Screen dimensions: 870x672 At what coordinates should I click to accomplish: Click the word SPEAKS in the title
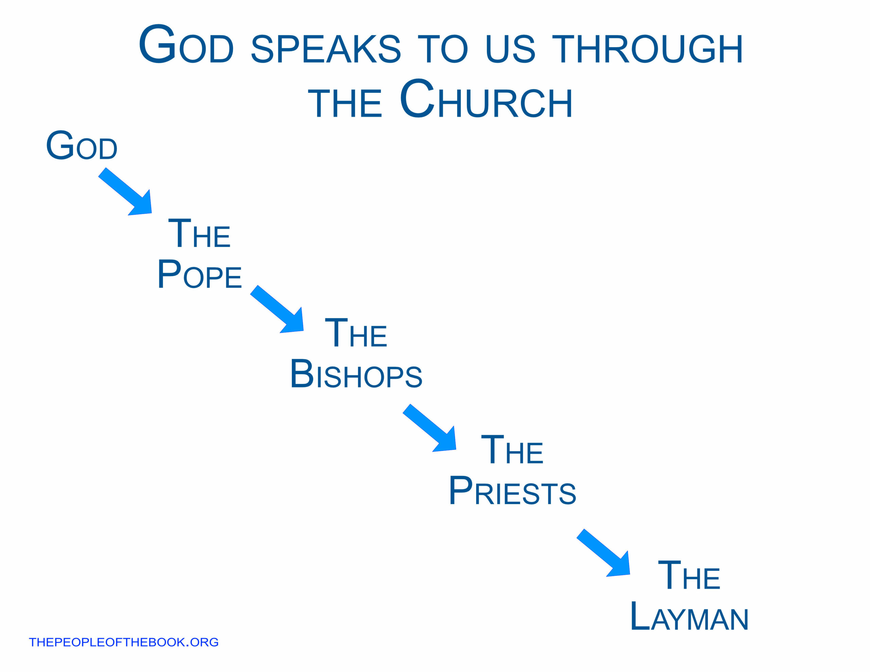pos(326,49)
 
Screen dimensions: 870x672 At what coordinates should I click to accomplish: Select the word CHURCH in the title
pos(486,99)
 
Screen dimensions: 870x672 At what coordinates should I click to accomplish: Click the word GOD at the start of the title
pos(186,44)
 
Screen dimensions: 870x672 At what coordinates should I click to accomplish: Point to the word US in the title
pos(510,49)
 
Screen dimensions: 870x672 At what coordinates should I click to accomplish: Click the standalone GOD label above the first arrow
pos(82,145)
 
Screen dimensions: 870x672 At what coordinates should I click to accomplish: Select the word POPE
pos(199,274)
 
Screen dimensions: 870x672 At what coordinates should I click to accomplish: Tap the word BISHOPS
pos(356,374)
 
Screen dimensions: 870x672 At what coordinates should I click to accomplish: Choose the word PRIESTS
pos(512,491)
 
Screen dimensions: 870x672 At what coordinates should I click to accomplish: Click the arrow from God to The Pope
pos(125,192)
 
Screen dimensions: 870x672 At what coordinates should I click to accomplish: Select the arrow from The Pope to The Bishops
pos(277,309)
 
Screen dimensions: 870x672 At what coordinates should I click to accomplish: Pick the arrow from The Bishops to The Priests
pos(430,428)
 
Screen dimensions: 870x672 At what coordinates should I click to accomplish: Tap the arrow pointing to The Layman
pos(603,553)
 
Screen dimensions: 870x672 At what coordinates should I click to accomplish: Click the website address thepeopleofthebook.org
pos(123,642)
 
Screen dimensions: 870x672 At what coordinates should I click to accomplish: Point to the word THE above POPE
pos(199,233)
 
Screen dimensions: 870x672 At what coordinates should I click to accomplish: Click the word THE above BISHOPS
pos(356,333)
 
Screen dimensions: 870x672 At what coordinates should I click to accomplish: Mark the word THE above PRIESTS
pos(512,450)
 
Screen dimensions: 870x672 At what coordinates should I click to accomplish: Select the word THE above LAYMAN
pos(689,575)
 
